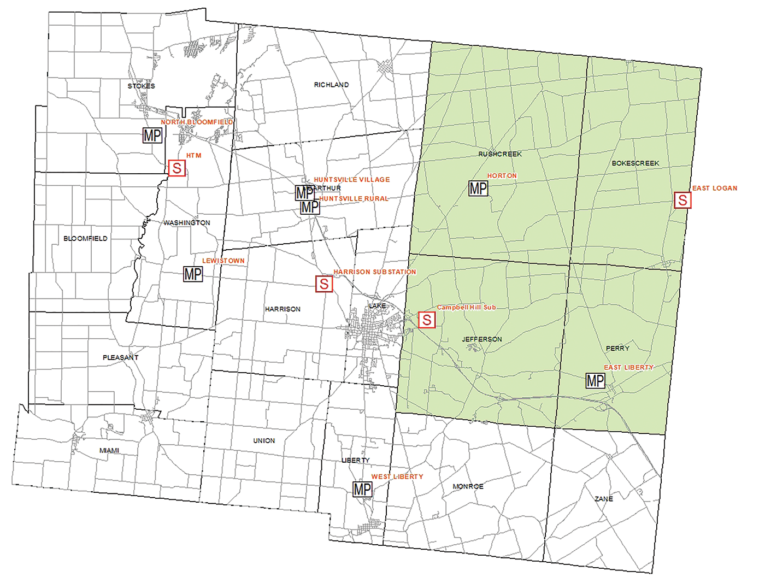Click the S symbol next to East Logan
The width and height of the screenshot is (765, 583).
tap(682, 200)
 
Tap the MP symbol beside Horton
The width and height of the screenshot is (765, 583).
tap(478, 189)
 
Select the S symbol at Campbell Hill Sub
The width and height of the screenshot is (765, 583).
tap(427, 320)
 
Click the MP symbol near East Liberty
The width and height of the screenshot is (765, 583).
tap(595, 380)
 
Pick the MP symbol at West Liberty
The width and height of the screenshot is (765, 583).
tap(362, 489)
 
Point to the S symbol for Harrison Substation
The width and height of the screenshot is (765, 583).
tap(324, 284)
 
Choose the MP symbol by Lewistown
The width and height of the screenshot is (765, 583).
tap(193, 274)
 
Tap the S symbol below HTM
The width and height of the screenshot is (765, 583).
tap(176, 168)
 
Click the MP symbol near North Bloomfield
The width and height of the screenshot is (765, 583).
tap(152, 135)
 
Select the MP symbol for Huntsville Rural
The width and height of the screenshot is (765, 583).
tap(310, 207)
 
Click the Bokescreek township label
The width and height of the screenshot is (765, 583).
tap(635, 163)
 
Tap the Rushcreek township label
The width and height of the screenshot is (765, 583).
tap(500, 154)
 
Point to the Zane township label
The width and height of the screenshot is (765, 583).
tap(604, 499)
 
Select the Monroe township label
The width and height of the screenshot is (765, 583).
tap(468, 486)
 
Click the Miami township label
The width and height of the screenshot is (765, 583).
tap(109, 451)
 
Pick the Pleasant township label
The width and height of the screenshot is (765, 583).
tap(121, 357)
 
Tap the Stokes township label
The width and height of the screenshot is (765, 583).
tap(141, 86)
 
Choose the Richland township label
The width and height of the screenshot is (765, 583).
tap(331, 85)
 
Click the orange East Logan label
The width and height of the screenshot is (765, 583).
tap(715, 188)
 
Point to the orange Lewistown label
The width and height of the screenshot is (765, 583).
tap(223, 261)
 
